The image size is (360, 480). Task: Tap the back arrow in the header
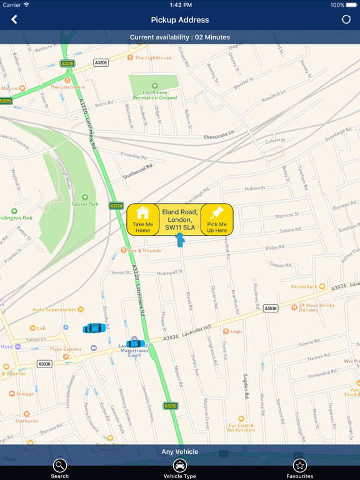14,19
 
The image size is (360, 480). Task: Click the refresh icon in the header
346,19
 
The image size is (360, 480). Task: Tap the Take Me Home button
142,219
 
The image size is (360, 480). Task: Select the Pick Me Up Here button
217,219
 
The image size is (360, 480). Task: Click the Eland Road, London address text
180,220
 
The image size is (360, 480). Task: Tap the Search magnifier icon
60,466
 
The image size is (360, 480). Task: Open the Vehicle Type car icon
180,466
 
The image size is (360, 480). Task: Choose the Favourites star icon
300,466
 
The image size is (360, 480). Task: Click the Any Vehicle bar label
180,451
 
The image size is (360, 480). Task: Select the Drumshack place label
304,287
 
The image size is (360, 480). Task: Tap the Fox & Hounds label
144,251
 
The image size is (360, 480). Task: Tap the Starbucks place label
27,421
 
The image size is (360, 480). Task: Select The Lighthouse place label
153,57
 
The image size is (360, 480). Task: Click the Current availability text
180,37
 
